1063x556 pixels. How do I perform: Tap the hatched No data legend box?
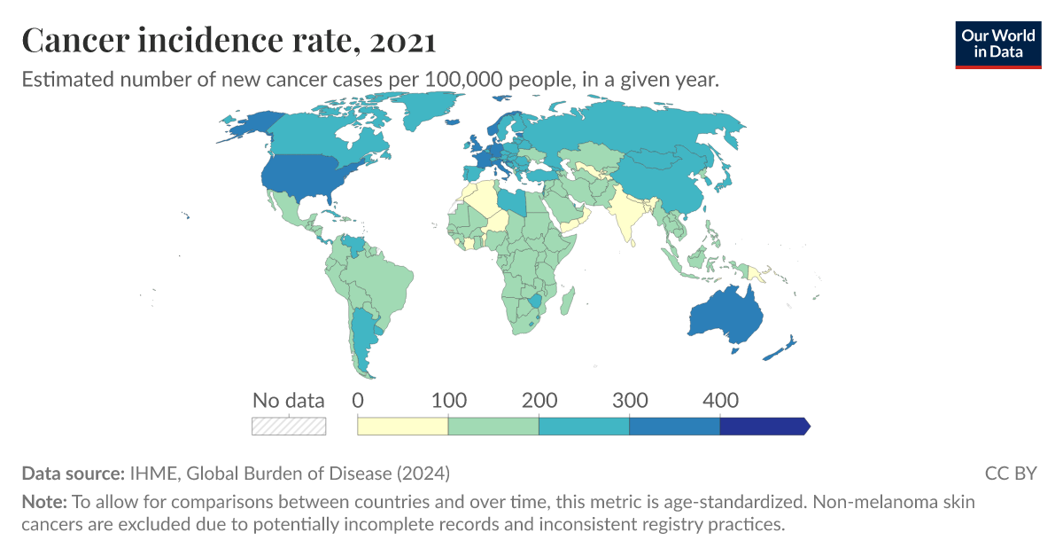tap(289, 427)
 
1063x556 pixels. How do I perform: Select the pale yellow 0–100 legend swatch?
tap(402, 427)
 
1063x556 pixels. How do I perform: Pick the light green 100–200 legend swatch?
tap(493, 427)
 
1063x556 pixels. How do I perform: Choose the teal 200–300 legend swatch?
tap(584, 427)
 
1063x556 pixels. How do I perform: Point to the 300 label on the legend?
tap(630, 400)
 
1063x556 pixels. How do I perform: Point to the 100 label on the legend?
tap(448, 400)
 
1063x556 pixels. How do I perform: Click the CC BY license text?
tap(1010, 473)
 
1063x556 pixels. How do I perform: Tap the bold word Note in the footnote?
tap(42, 502)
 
